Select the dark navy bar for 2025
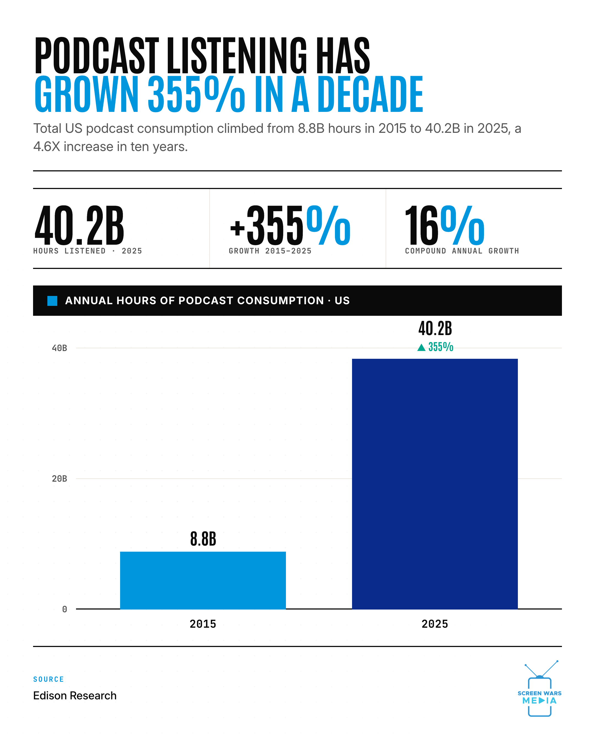tap(435, 484)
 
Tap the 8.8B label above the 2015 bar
tap(203, 539)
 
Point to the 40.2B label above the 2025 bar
tap(435, 328)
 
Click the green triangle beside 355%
tap(421, 347)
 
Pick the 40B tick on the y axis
tap(59, 348)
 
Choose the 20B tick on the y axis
tap(59, 479)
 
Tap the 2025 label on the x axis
tap(435, 624)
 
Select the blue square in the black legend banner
tap(52, 301)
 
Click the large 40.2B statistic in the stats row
tap(79, 225)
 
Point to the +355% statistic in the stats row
tap(290, 225)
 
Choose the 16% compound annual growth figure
tap(445, 225)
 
